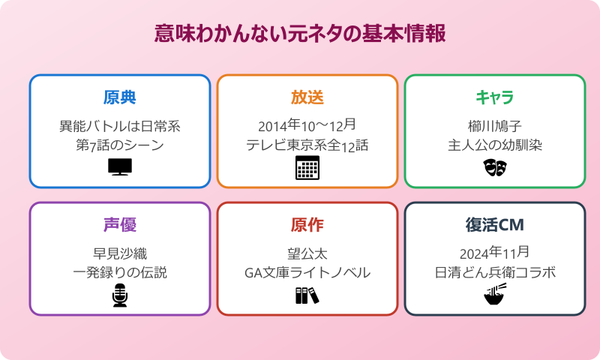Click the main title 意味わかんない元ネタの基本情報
tap(300, 34)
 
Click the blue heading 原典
tap(120, 97)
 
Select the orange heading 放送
tap(307, 97)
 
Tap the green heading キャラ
tap(495, 97)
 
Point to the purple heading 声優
tap(120, 225)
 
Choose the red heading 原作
tap(307, 225)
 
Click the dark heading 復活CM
tap(495, 225)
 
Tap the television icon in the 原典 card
tap(120, 166)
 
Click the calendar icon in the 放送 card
tap(307, 168)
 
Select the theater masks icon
tap(495, 167)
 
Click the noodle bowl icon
tap(495, 295)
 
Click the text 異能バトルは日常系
tap(120, 125)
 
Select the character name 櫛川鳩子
tap(495, 125)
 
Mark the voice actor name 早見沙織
tap(120, 253)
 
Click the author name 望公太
tap(307, 253)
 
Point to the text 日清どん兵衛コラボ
tap(495, 272)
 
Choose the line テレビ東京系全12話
tap(307, 145)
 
